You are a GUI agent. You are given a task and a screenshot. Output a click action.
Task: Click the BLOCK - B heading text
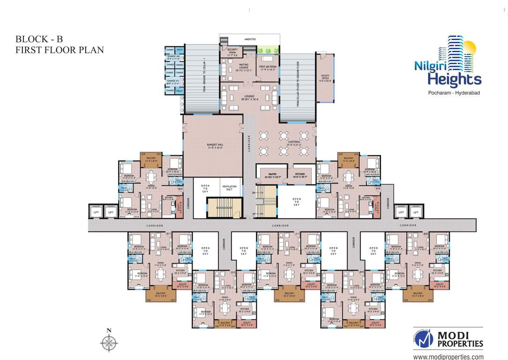click(39, 39)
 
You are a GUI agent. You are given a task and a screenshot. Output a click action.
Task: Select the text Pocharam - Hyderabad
click(447, 93)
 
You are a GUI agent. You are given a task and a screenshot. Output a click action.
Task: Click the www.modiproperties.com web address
click(448, 357)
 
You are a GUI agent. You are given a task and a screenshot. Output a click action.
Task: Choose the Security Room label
click(232, 51)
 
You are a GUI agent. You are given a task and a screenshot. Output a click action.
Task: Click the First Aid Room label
click(268, 68)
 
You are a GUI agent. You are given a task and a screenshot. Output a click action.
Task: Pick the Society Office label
click(326, 78)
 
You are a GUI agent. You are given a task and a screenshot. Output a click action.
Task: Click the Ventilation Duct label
click(230, 187)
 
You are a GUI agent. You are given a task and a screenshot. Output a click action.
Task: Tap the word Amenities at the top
click(249, 39)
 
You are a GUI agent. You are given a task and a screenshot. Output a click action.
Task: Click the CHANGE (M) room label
click(174, 57)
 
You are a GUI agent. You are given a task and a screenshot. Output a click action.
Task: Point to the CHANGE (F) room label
click(174, 82)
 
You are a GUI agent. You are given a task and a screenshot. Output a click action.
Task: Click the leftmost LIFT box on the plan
click(96, 212)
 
